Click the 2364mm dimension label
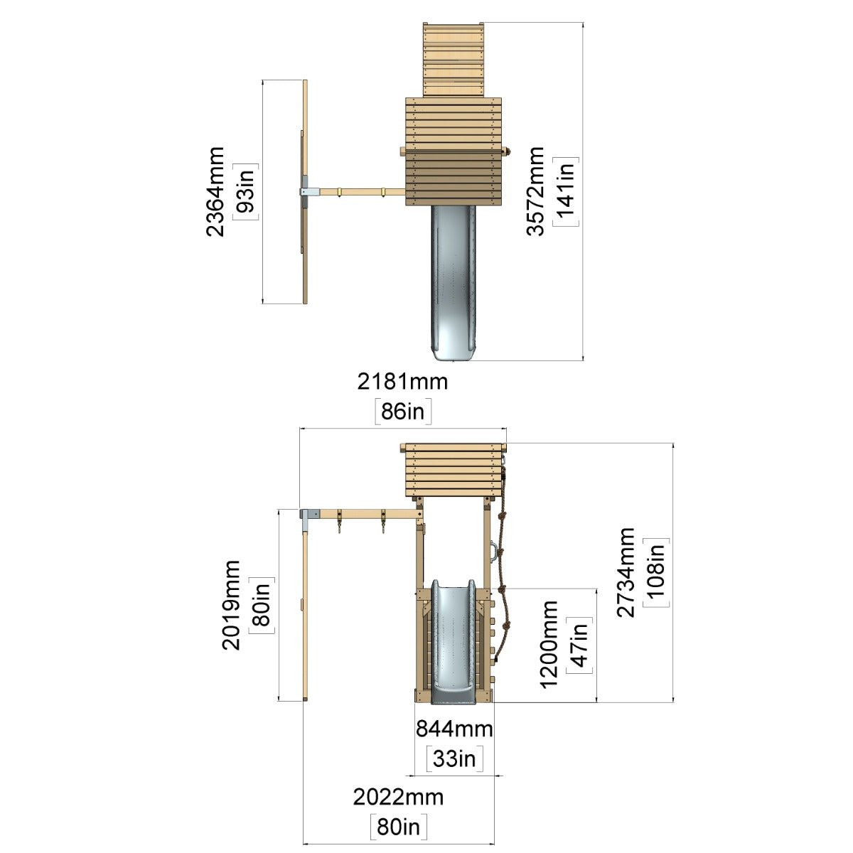point(215,191)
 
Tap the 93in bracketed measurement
point(246,191)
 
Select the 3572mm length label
point(535,191)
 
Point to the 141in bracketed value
point(566,191)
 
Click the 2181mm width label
point(402,382)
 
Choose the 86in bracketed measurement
point(403,412)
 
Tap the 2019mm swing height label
point(231,605)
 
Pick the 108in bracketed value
point(657,573)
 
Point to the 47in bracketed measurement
point(579,645)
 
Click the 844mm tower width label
point(455,729)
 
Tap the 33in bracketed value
point(455,758)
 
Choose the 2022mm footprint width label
point(398,798)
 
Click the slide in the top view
point(454,284)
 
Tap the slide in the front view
point(454,641)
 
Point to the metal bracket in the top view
point(309,192)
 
